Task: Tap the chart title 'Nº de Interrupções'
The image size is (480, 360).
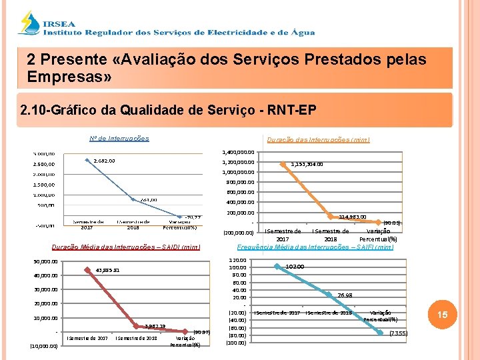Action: pos(119,139)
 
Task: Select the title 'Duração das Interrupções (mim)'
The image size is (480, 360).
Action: pos(318,140)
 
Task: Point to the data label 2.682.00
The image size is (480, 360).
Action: pos(104,161)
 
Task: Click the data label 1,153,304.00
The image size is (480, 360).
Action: pos(307,164)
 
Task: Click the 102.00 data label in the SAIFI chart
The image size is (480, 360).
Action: pos(295,267)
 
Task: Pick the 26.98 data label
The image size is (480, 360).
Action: pos(345,295)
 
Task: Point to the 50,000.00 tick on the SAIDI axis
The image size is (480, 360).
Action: pos(45,261)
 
